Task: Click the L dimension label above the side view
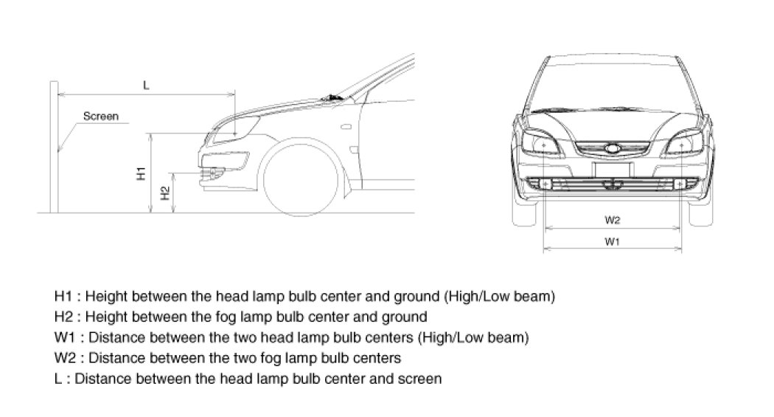click(146, 85)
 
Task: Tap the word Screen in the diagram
click(101, 116)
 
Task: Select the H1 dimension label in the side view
click(140, 173)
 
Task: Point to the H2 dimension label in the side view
click(165, 193)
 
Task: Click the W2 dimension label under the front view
click(612, 220)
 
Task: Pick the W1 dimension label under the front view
click(612, 242)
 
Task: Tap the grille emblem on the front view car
click(613, 148)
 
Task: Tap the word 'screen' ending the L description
click(422, 379)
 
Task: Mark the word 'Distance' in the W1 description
click(112, 338)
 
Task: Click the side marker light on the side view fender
click(343, 127)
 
